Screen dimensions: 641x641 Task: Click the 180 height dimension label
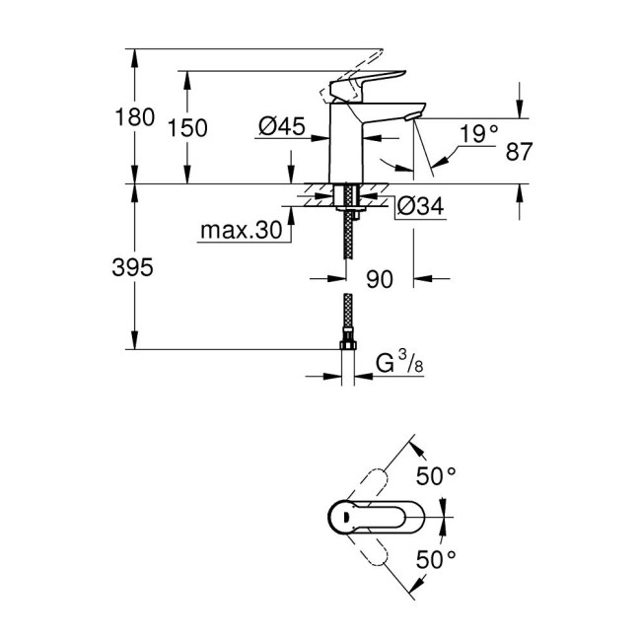click(135, 117)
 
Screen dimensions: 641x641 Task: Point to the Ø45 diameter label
click(280, 126)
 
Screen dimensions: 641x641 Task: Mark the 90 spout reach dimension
click(379, 280)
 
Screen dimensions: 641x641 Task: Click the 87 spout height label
click(519, 152)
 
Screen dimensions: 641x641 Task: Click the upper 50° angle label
click(436, 476)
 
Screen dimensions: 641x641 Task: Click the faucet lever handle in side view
click(373, 82)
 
